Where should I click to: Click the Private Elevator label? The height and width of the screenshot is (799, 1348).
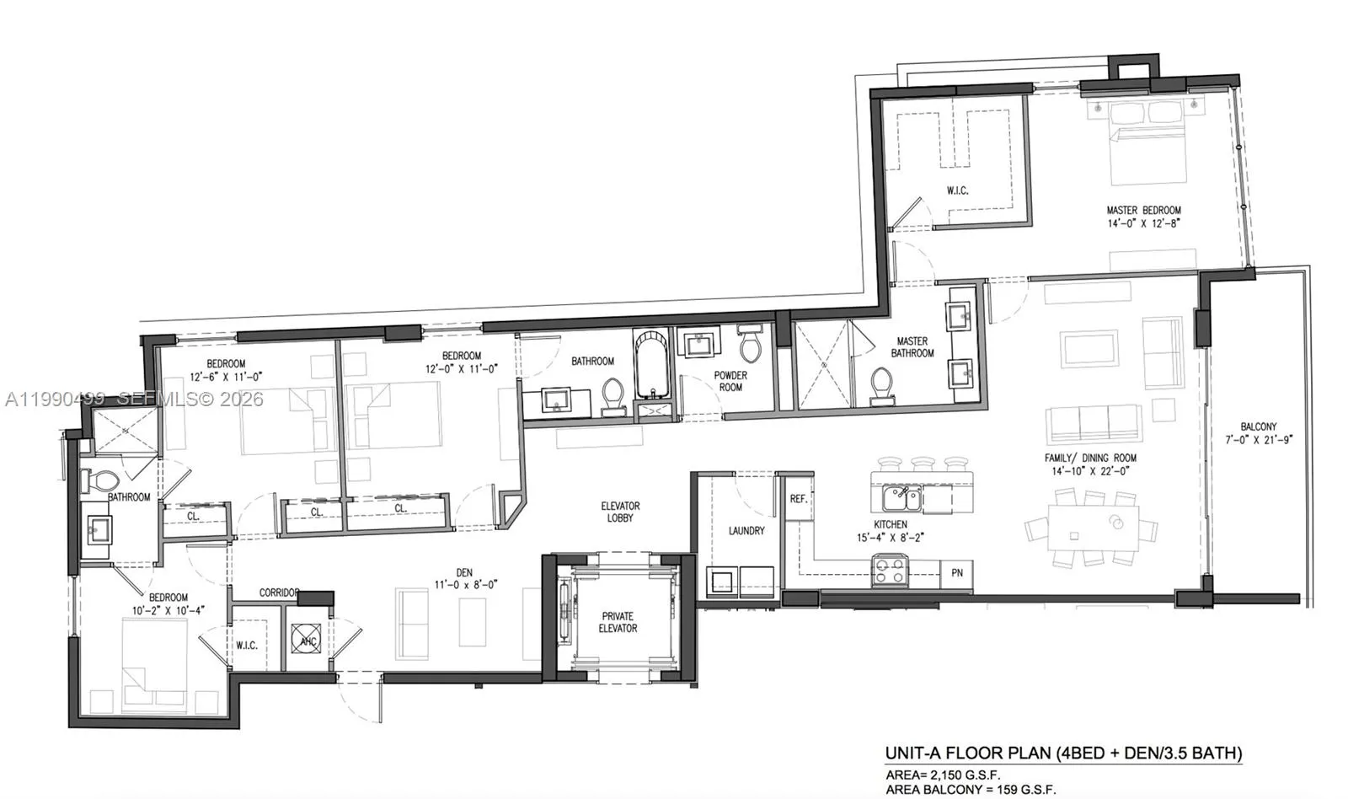(618, 622)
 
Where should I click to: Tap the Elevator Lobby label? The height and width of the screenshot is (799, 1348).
(620, 512)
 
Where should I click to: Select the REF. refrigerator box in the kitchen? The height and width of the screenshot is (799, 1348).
(799, 499)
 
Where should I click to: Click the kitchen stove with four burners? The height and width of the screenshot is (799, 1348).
(890, 571)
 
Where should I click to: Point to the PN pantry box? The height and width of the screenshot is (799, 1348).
(957, 573)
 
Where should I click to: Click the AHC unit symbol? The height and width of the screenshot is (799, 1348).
(308, 641)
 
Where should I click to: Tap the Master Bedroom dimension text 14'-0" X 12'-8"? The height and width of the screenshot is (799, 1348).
(1143, 223)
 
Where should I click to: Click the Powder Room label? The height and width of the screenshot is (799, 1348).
(730, 381)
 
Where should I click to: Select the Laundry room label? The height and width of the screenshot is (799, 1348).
(746, 530)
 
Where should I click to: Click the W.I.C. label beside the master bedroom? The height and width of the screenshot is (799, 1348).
(957, 190)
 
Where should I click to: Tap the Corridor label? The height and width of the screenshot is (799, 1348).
(279, 593)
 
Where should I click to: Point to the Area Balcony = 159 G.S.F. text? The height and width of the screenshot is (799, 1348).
(970, 790)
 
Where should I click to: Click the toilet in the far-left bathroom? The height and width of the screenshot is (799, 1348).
(101, 481)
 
